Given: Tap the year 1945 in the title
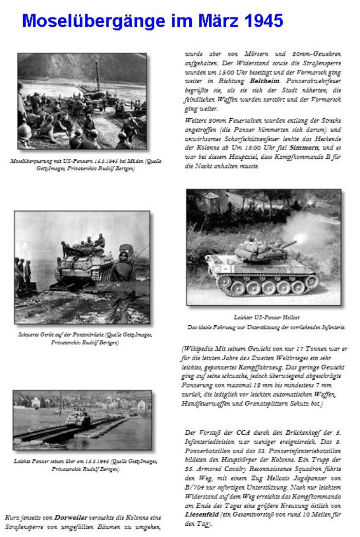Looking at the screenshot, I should point(262,21).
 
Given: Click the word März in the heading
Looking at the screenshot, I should point(208,21).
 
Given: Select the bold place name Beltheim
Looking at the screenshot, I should point(265,81).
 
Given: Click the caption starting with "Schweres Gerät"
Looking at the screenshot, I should point(84,338).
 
